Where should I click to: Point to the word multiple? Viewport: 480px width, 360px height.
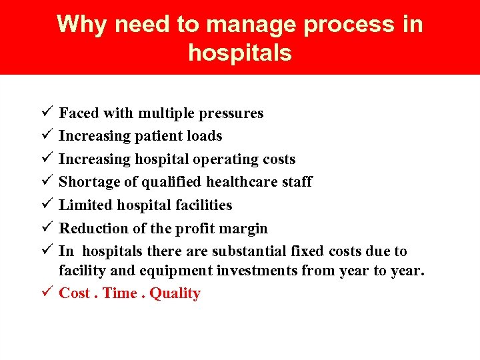(167, 113)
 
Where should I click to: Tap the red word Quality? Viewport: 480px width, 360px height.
(175, 294)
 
